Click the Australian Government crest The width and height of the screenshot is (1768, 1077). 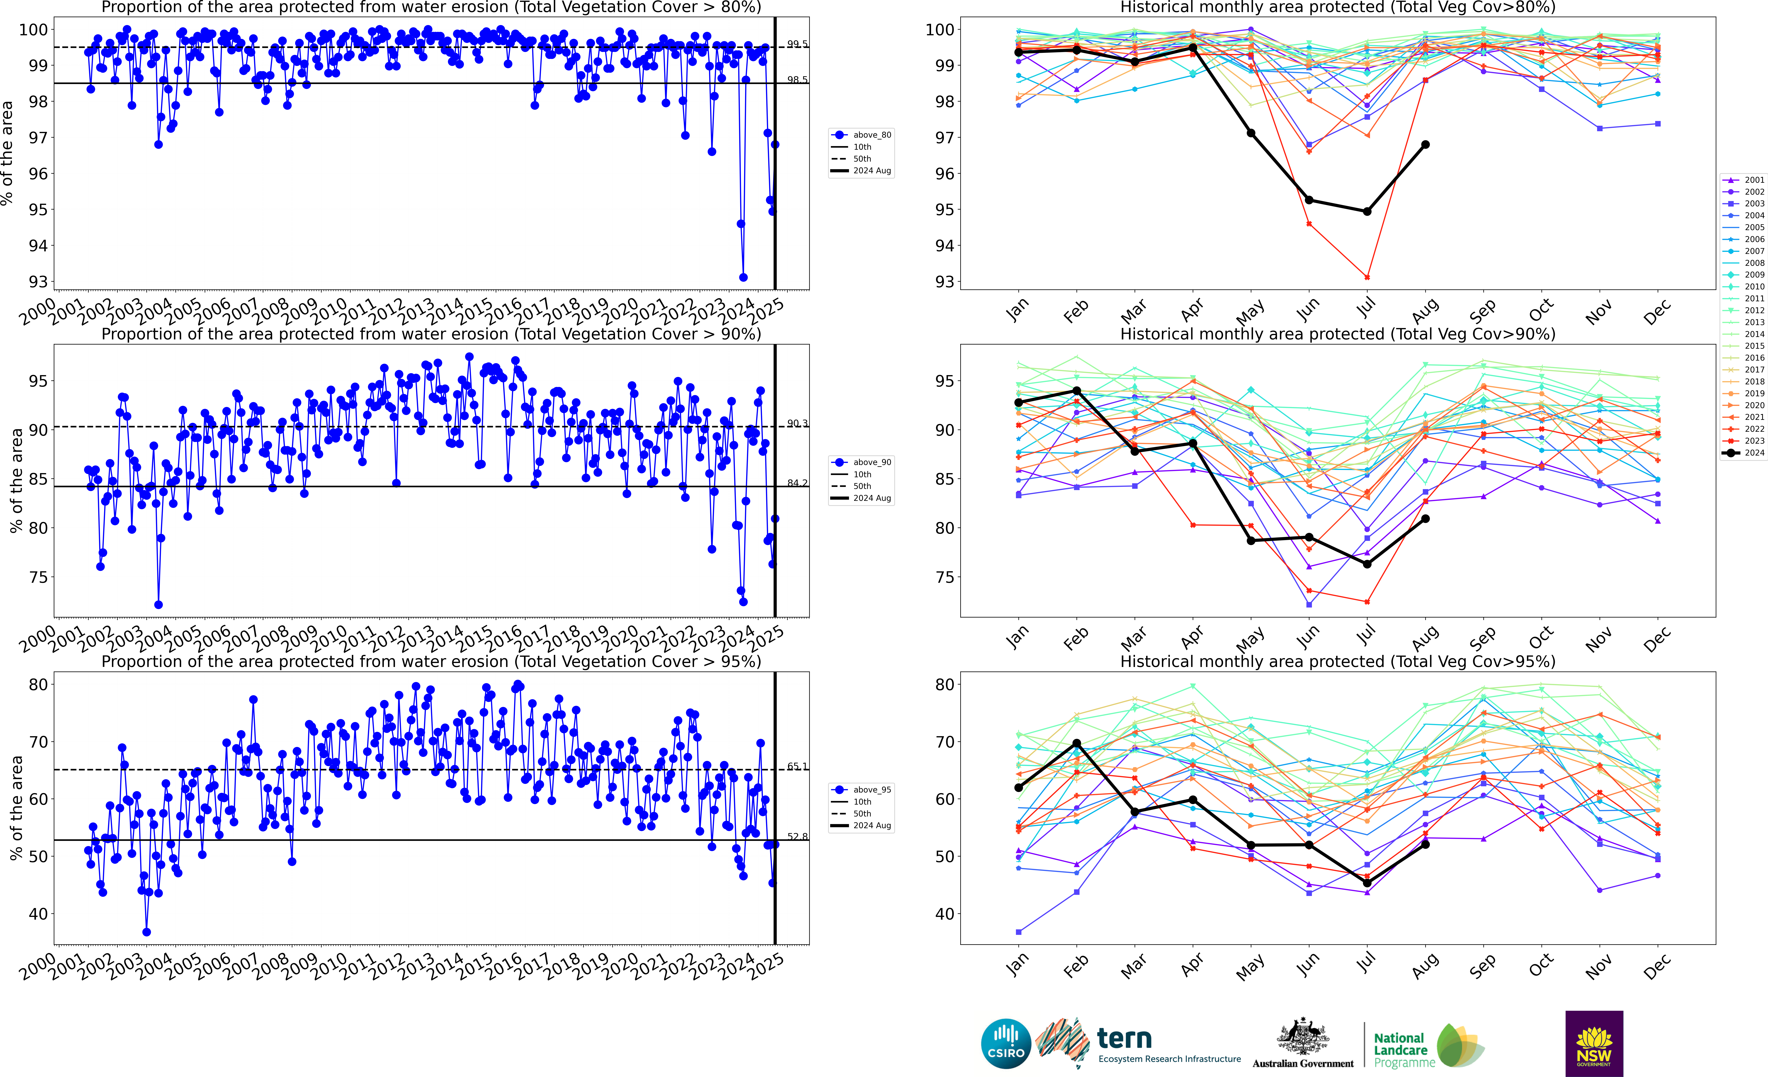(x=1302, y=1038)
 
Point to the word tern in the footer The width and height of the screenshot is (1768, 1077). (x=1124, y=1038)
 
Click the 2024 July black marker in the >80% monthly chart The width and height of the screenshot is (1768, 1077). (x=1367, y=212)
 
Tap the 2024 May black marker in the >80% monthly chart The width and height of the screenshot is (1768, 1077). (x=1251, y=133)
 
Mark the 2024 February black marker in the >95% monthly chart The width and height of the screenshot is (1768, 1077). (x=1076, y=743)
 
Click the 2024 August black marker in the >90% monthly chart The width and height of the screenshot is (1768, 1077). (x=1425, y=518)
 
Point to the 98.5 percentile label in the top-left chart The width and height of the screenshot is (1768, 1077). (x=797, y=80)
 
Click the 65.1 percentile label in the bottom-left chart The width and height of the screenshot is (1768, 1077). (x=797, y=766)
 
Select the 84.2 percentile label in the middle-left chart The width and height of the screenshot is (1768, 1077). (x=797, y=483)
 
